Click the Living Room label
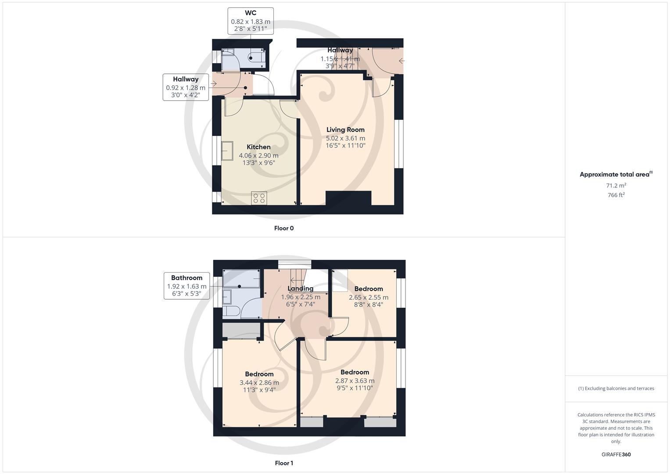point(345,129)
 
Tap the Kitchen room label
point(258,147)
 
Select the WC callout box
point(251,21)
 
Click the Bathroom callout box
point(186,285)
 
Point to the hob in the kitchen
point(259,198)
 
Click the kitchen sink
point(227,151)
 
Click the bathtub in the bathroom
point(242,279)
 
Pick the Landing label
point(300,288)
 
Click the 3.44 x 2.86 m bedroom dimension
point(259,382)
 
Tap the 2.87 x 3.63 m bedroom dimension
point(355,381)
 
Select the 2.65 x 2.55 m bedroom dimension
point(368,297)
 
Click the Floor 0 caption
point(284,228)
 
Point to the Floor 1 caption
point(284,463)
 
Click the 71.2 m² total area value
point(616,185)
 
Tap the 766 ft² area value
point(616,195)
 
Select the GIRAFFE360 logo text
point(616,455)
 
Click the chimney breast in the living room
point(348,198)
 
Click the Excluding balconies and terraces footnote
point(616,388)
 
